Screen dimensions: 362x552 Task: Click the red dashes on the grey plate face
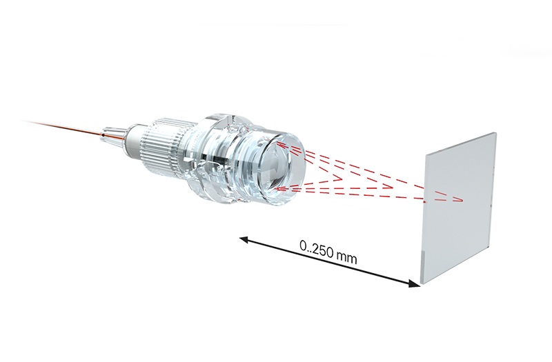tap(448, 198)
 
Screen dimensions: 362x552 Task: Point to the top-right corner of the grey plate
tap(494, 133)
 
